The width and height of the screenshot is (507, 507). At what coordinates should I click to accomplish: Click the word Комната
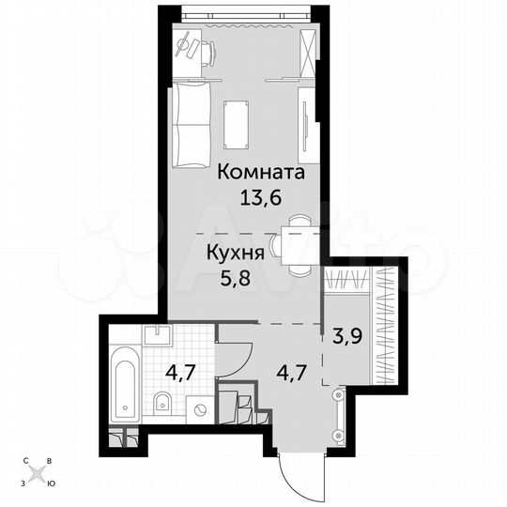[262, 174]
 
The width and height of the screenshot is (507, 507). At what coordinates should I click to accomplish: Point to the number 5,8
[234, 277]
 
